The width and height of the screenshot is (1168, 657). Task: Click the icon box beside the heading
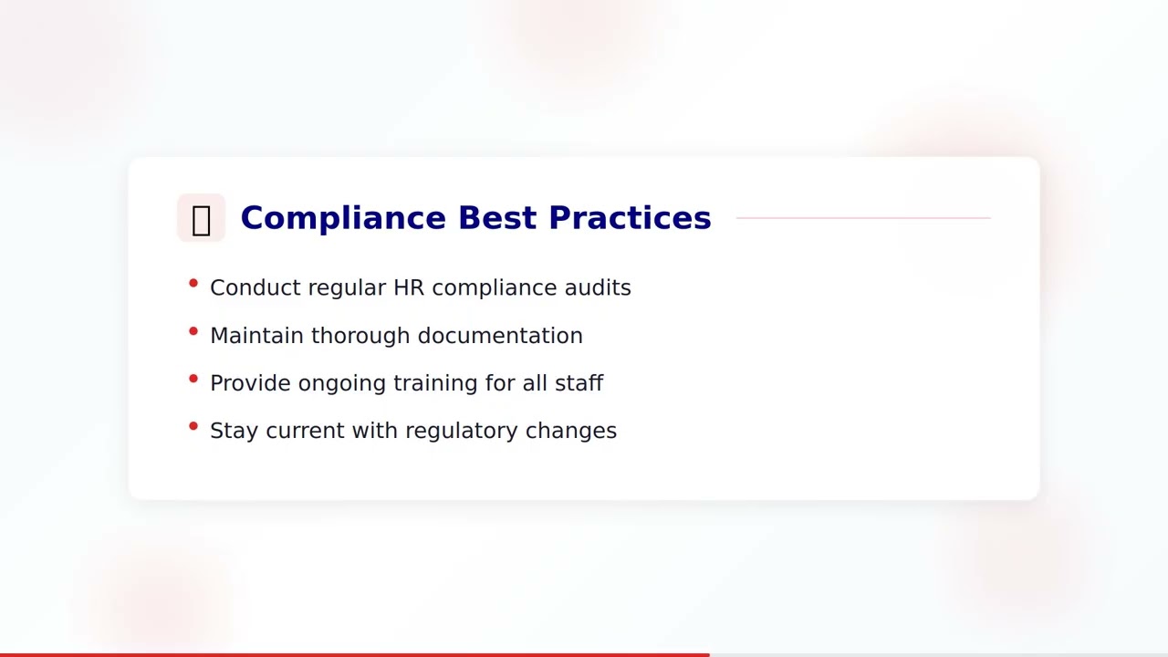[x=201, y=218]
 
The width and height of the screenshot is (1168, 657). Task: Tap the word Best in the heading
[x=496, y=218]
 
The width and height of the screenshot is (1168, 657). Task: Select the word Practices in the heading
[x=630, y=218]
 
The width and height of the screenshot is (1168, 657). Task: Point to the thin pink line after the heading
[x=862, y=218]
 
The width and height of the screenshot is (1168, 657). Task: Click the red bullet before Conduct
[x=193, y=284]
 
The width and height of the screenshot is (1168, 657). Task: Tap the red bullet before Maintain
[x=193, y=331]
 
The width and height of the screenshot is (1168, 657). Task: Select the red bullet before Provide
[x=193, y=379]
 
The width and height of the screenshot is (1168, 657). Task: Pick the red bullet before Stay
[x=193, y=426]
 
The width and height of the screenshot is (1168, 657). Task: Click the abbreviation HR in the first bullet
[x=409, y=287]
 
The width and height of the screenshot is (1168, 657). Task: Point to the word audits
[x=598, y=287]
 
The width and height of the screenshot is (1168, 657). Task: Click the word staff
[x=579, y=383]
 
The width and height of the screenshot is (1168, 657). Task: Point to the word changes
[x=571, y=432]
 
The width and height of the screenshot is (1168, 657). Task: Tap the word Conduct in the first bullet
[x=255, y=287]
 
